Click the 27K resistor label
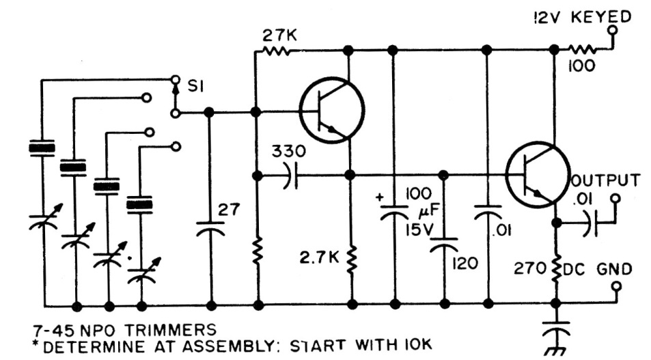279,36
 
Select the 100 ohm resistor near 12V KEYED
582,51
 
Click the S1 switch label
195,86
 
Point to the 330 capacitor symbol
290,176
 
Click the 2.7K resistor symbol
352,260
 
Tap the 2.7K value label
319,258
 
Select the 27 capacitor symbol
210,229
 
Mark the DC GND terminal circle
617,286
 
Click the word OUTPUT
606,180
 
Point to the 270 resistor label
529,268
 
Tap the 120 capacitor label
465,263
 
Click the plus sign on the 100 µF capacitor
380,197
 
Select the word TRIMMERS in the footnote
170,330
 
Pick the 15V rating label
419,230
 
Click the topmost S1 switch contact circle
176,79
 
